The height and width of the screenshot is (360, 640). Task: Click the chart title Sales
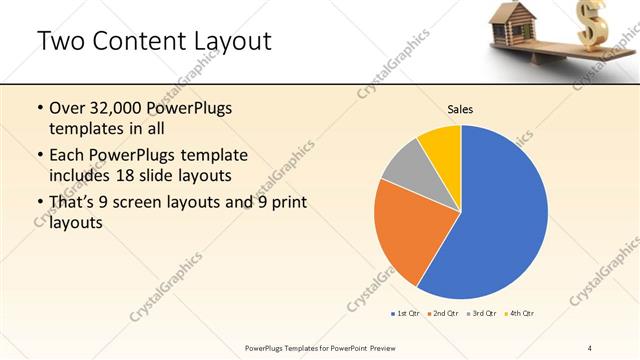point(460,109)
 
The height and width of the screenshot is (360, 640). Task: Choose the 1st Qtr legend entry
point(406,314)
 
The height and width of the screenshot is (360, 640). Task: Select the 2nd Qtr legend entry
point(443,314)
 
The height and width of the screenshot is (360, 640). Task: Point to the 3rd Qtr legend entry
point(482,314)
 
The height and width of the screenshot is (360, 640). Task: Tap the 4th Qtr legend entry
point(520,314)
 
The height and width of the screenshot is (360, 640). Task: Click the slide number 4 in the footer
point(590,347)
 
